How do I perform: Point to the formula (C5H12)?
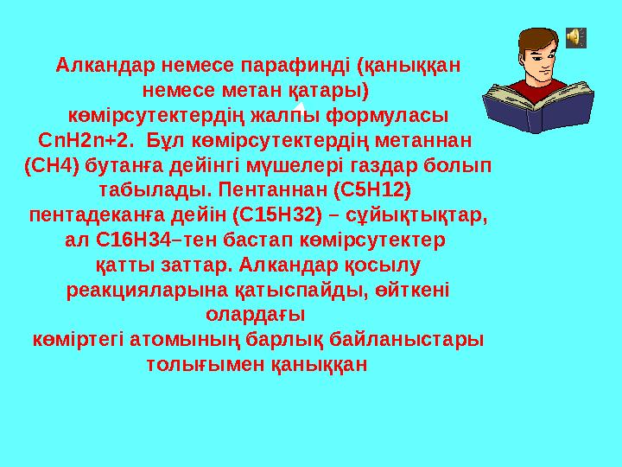pyautogui.click(x=367, y=189)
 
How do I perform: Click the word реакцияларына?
pyautogui.click(x=142, y=289)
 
